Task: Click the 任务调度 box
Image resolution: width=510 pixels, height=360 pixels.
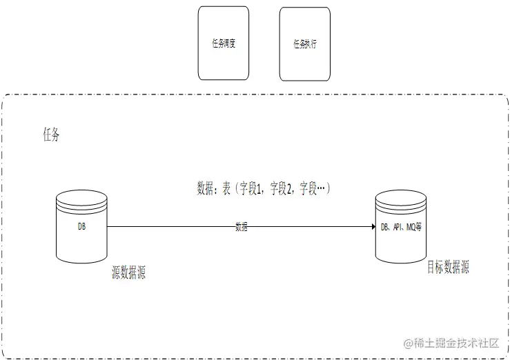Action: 223,43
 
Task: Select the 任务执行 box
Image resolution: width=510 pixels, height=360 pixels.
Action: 304,43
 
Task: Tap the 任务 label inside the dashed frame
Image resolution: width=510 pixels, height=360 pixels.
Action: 52,135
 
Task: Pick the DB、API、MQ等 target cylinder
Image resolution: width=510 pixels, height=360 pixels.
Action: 401,228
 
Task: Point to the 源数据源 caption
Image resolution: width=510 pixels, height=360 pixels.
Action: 128,273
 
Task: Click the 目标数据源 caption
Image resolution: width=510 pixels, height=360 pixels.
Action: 448,268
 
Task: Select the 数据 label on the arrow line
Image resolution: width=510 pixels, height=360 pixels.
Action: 242,226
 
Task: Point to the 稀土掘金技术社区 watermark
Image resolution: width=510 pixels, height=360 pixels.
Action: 455,343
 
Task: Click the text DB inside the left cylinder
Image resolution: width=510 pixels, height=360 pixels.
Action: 81,226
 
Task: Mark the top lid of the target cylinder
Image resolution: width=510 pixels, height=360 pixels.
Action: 401,199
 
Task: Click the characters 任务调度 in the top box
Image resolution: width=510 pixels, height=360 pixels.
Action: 223,43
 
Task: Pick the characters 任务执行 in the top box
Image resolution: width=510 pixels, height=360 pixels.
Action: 304,43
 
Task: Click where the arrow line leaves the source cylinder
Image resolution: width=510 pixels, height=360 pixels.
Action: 109,226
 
